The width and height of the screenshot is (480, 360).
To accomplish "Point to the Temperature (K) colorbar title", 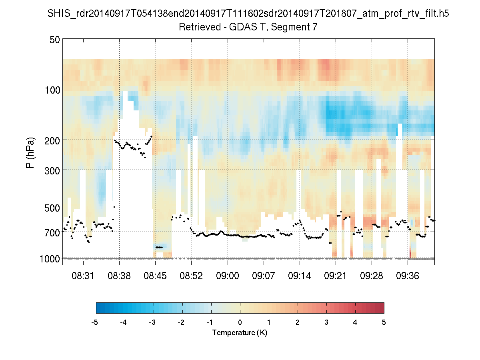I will [240, 333].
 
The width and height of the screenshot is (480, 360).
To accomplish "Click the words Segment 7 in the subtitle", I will [295, 27].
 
